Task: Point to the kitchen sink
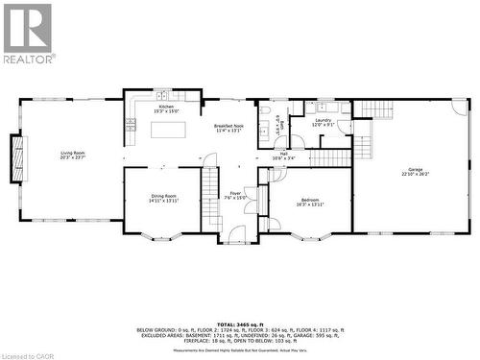pyautogui.click(x=163, y=95)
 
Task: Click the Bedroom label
pyautogui.click(x=309, y=202)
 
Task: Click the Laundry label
pyautogui.click(x=323, y=122)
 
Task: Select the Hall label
pyautogui.click(x=284, y=154)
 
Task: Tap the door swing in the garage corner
pyautogui.click(x=461, y=107)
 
